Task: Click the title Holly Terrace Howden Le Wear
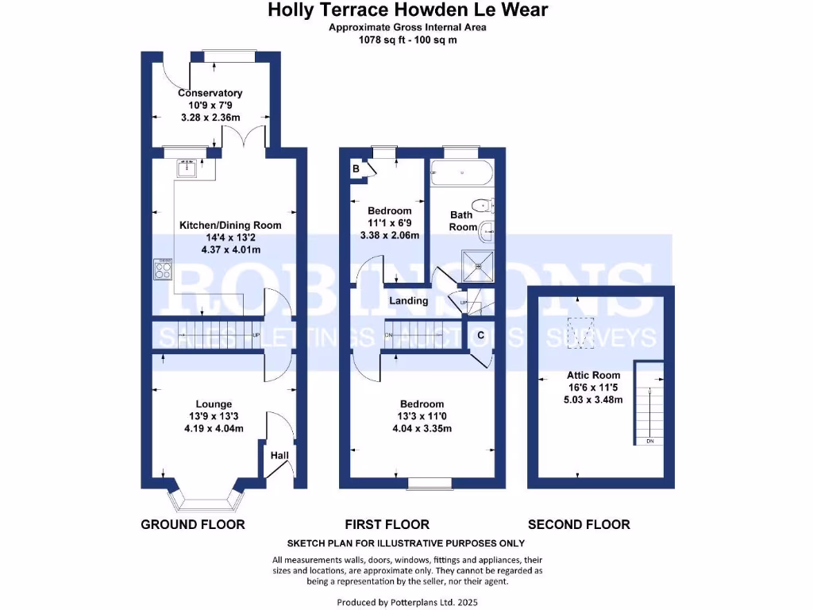[406, 10]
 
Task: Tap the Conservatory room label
[210, 93]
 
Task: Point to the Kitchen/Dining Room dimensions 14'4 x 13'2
[230, 237]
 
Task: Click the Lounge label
[214, 404]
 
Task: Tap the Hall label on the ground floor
[279, 456]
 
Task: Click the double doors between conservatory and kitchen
[245, 139]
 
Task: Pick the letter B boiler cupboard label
[356, 169]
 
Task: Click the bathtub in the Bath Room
[460, 172]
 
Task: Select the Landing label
[409, 300]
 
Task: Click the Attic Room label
[593, 375]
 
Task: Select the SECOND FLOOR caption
[579, 524]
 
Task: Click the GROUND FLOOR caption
[193, 524]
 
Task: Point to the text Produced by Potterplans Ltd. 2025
[406, 602]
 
